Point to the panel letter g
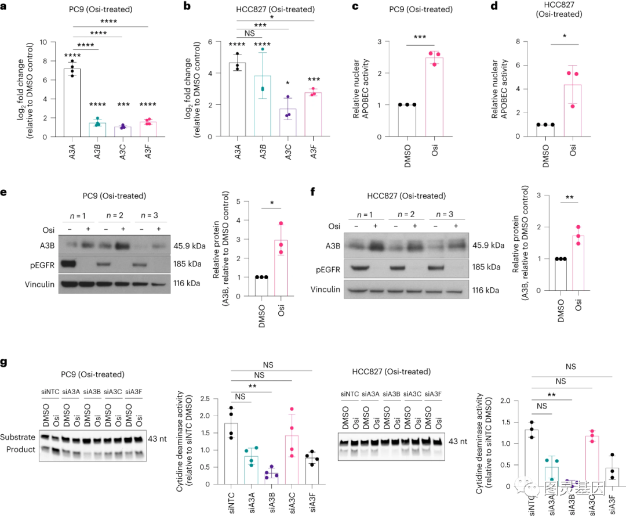click(6, 363)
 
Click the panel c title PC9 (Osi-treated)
click(428, 10)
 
